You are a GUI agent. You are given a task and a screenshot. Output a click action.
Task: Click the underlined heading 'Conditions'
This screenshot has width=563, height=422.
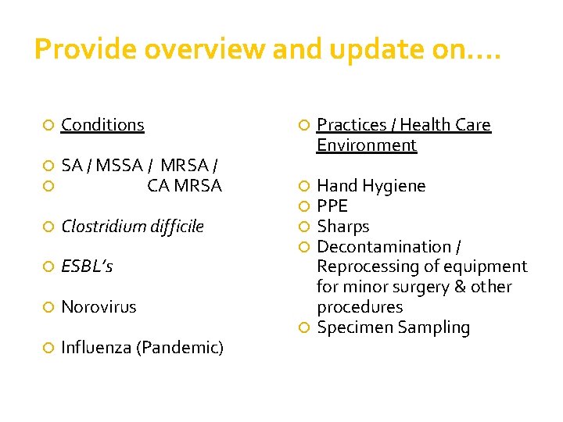(x=102, y=125)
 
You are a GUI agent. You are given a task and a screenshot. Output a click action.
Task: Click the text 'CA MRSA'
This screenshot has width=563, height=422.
(x=185, y=186)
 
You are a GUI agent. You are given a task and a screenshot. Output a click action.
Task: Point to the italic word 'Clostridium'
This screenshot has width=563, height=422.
(x=100, y=227)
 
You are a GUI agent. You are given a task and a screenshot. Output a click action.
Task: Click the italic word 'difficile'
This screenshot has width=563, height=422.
(x=173, y=227)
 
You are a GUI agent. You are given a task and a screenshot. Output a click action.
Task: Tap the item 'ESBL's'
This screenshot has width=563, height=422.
(x=87, y=267)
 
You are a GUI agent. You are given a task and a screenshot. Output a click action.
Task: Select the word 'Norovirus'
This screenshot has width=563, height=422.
(x=99, y=307)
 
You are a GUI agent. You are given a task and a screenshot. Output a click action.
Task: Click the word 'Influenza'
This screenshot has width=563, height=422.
(x=96, y=348)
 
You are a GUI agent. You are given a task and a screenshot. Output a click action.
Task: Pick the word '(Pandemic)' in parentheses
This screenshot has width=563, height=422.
(x=180, y=348)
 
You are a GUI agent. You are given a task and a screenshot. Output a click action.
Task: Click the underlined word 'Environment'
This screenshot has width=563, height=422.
(x=367, y=145)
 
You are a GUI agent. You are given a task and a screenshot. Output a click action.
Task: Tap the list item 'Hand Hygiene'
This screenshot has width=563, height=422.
(x=371, y=186)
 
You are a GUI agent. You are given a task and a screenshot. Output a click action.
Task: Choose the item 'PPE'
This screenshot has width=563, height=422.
(x=332, y=206)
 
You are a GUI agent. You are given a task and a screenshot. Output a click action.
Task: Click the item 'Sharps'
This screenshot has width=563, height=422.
(x=343, y=227)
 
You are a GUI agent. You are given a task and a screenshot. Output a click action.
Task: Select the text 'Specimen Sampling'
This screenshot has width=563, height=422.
(x=393, y=327)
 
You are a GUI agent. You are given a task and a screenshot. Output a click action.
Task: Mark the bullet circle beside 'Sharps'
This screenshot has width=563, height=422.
(x=304, y=227)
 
